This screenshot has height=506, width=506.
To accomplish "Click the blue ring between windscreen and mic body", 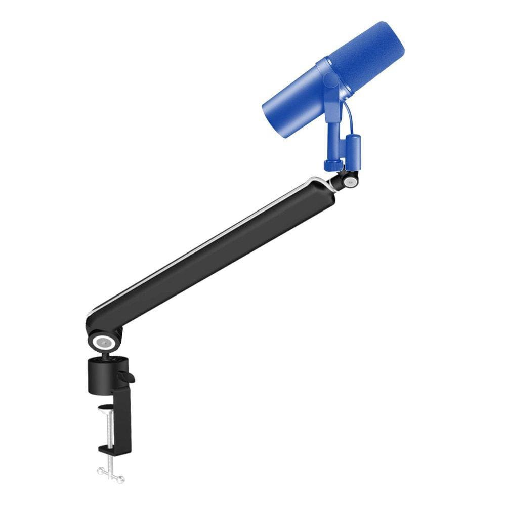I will (324, 76).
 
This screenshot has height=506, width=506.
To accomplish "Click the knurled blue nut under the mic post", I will (332, 165).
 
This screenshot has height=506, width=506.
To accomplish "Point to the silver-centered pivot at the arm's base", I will (103, 342).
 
